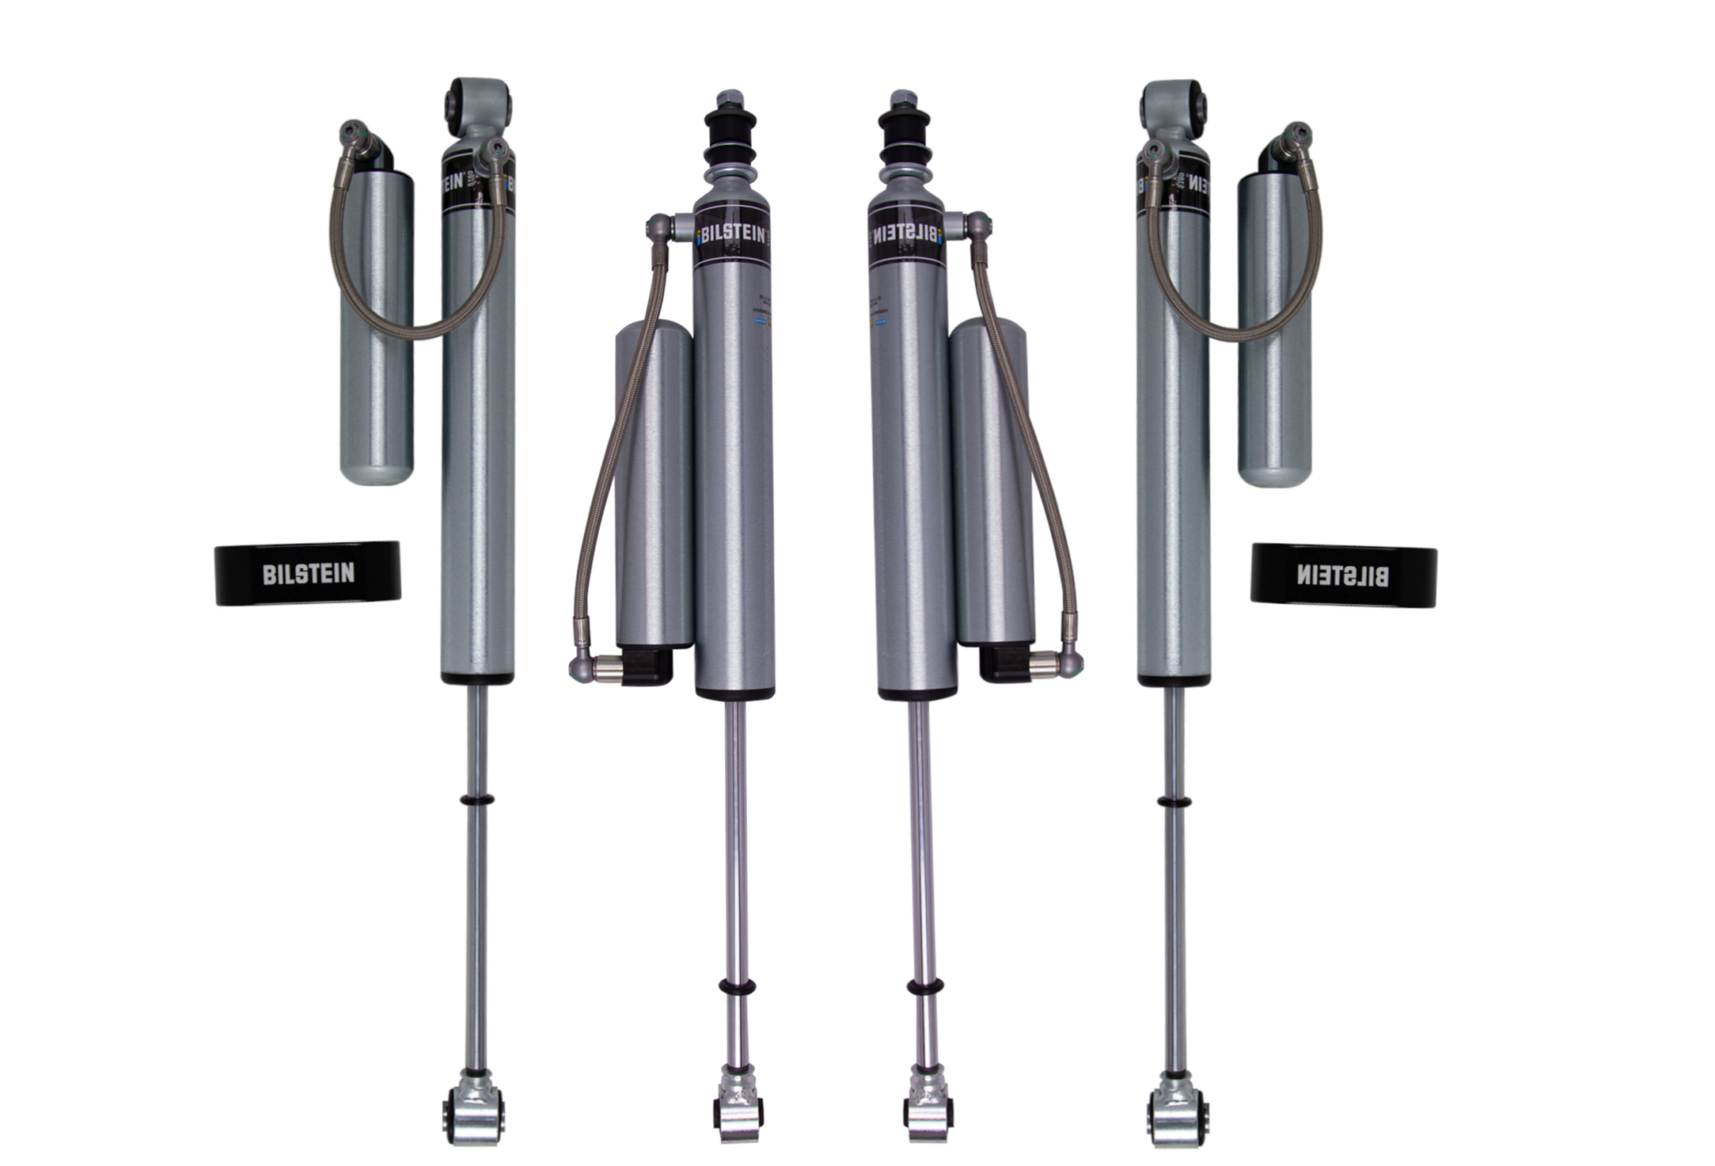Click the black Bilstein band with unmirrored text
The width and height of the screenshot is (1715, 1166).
click(x=308, y=573)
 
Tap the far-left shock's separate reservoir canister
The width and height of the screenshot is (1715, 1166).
click(x=377, y=335)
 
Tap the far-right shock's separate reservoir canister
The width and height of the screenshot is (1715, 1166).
click(x=1275, y=335)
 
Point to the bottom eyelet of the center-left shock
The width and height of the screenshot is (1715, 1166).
click(x=736, y=1113)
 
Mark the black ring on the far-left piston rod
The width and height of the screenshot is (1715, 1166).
click(x=476, y=800)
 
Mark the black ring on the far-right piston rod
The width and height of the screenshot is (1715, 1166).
click(x=1175, y=802)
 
